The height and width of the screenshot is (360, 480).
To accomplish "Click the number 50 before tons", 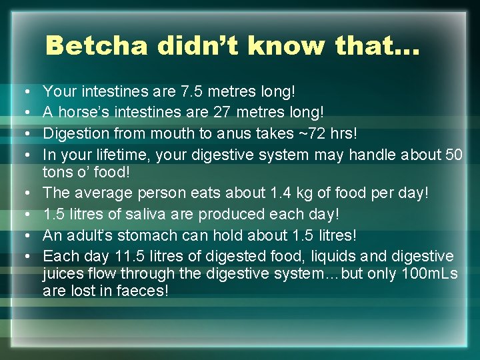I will [454, 155].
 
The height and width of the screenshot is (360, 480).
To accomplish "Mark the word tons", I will [57, 171].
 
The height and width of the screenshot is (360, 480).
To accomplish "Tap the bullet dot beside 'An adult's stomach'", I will [24, 236].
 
